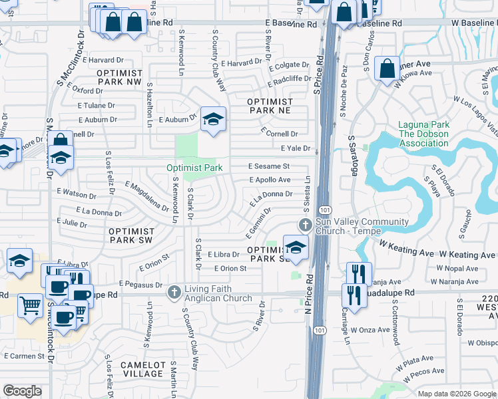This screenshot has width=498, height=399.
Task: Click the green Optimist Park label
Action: (x=194, y=168)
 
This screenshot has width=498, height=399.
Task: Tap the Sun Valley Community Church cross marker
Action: (x=306, y=225)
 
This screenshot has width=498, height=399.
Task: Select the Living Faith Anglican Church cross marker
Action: (x=174, y=291)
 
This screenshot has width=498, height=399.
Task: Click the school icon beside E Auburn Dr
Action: (x=213, y=120)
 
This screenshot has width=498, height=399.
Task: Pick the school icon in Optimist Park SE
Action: (x=296, y=246)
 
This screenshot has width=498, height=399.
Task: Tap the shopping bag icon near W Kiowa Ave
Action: (x=387, y=68)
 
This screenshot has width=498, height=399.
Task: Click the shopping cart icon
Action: (x=29, y=306)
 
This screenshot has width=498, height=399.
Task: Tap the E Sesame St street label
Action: (x=269, y=166)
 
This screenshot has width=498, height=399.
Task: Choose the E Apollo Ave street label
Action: (x=270, y=180)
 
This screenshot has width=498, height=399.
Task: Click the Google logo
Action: (x=23, y=391)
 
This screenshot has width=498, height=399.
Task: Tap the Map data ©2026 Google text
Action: (x=456, y=394)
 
